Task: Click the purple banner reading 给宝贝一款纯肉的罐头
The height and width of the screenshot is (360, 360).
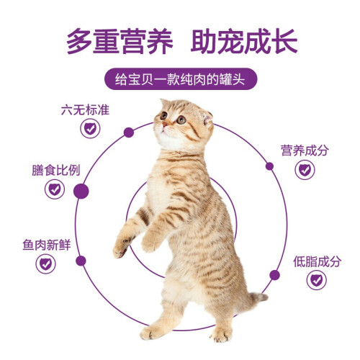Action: [181, 79]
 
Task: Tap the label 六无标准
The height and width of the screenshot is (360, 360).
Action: [85, 110]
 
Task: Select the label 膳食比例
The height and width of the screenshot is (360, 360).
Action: [56, 170]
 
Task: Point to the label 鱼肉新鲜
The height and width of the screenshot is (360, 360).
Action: [47, 245]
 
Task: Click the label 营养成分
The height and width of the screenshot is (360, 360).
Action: [305, 150]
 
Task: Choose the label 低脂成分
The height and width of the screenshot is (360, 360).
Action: [317, 261]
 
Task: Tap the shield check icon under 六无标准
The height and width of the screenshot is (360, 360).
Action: [90, 129]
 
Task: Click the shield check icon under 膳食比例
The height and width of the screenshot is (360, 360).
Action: [55, 189]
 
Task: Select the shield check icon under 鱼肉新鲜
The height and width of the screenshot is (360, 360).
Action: [45, 264]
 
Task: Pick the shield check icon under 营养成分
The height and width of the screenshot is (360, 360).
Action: [305, 170]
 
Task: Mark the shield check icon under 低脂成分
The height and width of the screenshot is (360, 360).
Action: [317, 280]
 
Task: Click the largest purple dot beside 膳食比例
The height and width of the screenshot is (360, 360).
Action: [81, 192]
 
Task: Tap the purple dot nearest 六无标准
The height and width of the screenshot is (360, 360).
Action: [129, 132]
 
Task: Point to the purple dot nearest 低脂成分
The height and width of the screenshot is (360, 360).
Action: [274, 275]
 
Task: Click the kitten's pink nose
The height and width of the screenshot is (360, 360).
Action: [165, 125]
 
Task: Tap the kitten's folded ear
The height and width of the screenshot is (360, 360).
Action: [207, 119]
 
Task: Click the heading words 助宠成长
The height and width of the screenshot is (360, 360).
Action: [244, 41]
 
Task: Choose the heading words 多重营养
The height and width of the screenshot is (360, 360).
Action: [120, 41]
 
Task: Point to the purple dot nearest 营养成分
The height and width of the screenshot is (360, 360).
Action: [269, 166]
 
